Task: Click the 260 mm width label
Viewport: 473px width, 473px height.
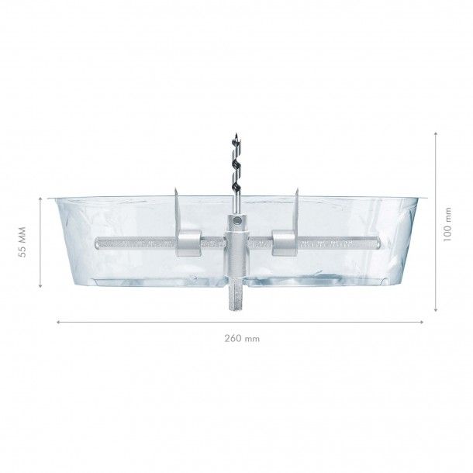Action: coord(241,337)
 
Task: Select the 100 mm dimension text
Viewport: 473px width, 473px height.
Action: coord(447,224)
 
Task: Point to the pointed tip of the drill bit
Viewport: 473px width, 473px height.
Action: coord(234,136)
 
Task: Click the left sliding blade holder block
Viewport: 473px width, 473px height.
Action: coord(189,243)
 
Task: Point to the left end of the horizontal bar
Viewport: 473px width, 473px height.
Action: coord(96,243)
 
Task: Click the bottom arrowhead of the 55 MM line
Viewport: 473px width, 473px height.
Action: coord(39,288)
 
